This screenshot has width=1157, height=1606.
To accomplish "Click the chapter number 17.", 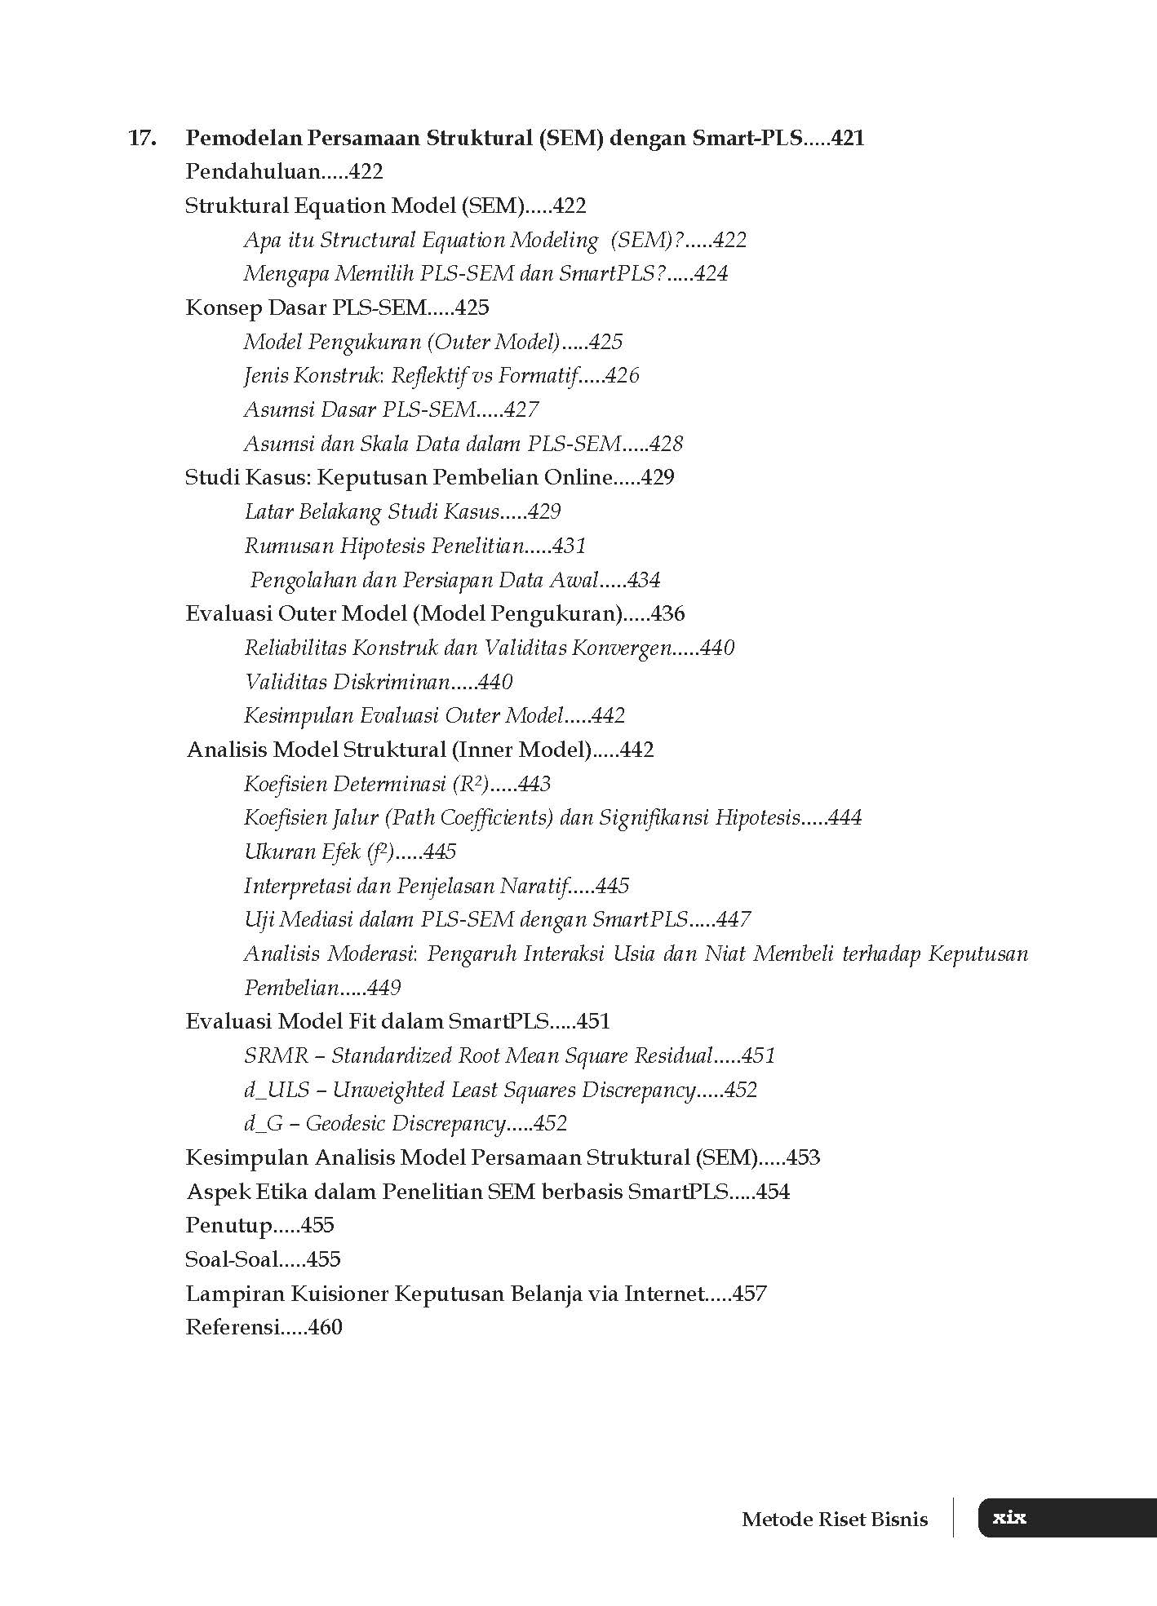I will [142, 138].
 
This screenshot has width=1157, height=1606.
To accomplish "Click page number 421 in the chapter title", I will [848, 138].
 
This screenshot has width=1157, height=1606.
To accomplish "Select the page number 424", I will [711, 274].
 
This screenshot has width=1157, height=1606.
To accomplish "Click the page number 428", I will [666, 444].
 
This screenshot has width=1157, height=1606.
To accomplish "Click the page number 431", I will [569, 546].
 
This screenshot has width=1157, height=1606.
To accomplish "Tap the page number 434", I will [643, 580].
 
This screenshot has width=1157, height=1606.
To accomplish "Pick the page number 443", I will [534, 784].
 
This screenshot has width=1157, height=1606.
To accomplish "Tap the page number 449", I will [383, 988].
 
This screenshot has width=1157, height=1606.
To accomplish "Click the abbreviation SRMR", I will [276, 1056].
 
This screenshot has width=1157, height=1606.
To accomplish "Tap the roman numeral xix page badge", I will [1009, 1518].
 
